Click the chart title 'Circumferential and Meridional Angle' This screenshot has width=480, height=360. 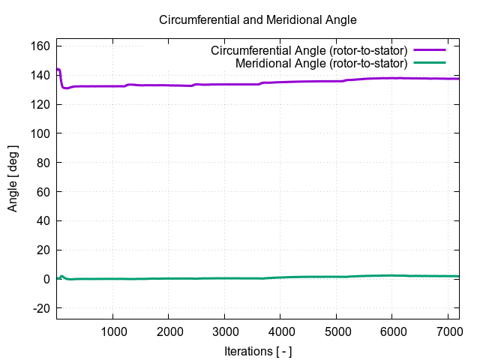click(x=258, y=20)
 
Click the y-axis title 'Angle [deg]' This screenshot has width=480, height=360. click(x=13, y=178)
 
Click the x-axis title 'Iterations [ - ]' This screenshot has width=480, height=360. click(x=258, y=350)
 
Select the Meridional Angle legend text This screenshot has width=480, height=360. click(x=321, y=63)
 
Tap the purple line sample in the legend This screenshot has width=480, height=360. click(x=429, y=51)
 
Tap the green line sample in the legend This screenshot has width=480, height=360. click(x=429, y=63)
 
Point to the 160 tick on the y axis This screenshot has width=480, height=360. click(x=40, y=46)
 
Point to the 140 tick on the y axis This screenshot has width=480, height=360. click(x=40, y=76)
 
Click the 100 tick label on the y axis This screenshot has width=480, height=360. click(x=40, y=133)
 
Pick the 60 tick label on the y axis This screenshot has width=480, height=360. click(x=43, y=192)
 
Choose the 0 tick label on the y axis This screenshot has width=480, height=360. click(x=46, y=279)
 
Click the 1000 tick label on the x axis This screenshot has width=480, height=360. click(x=112, y=331)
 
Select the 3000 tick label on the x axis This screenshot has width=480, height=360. click(x=224, y=331)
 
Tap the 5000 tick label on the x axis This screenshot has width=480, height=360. click(x=336, y=331)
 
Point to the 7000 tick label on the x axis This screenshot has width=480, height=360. click(x=448, y=331)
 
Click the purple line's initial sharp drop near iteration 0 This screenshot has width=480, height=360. click(x=61, y=79)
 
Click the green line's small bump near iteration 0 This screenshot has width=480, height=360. click(x=62, y=277)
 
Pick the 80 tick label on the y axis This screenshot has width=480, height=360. click(x=43, y=163)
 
